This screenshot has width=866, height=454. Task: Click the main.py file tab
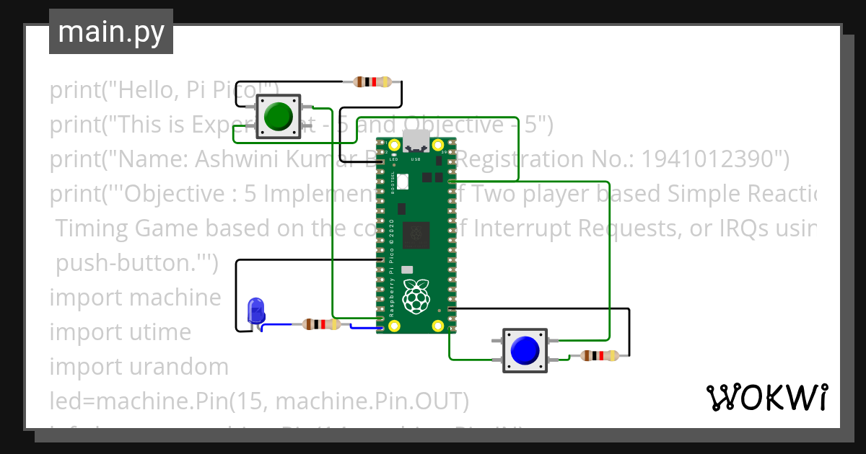[x=110, y=32]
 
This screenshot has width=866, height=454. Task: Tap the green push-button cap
[x=278, y=116]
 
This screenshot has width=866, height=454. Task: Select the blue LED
[x=255, y=311]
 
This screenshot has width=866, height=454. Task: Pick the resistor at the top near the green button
[x=372, y=82]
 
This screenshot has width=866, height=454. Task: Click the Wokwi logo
[x=766, y=397]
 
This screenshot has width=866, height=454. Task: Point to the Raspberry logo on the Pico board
[x=416, y=295]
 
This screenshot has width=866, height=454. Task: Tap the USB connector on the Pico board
[x=416, y=141]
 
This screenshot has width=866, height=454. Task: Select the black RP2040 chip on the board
[x=416, y=233]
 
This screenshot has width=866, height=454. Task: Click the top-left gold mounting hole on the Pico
[x=394, y=146]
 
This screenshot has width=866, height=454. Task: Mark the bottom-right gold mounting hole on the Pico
[x=437, y=326]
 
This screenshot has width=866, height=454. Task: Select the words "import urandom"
[x=139, y=367]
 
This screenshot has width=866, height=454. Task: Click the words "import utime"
[x=121, y=332]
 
